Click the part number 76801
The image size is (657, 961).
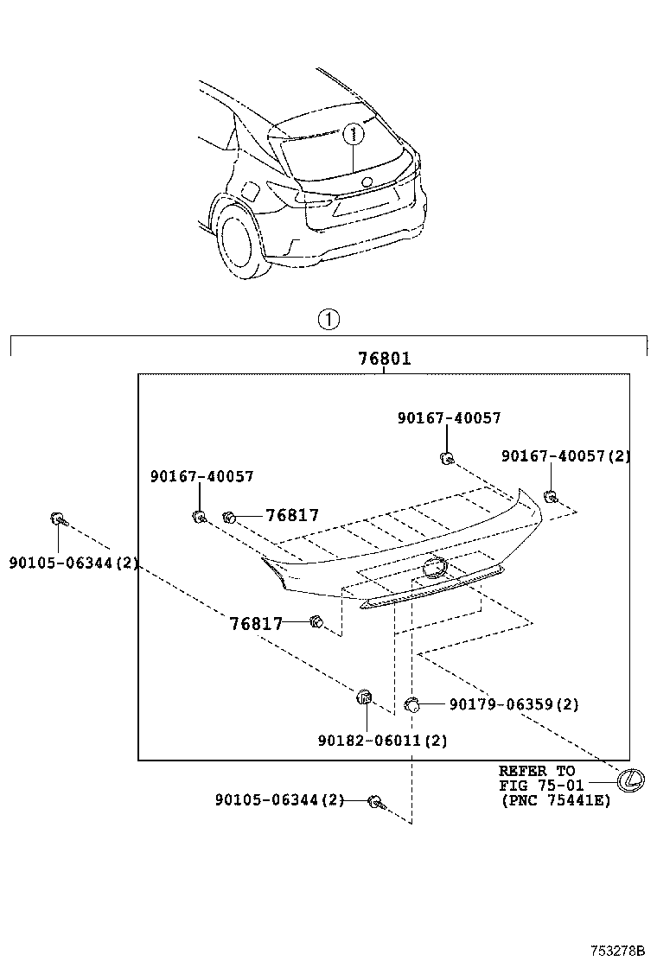pyautogui.click(x=385, y=359)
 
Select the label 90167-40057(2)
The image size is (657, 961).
pyautogui.click(x=565, y=455)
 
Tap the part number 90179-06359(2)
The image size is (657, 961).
pyautogui.click(x=513, y=704)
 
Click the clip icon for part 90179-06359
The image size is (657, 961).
pyautogui.click(x=412, y=704)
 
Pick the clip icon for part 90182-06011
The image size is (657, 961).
pyautogui.click(x=364, y=697)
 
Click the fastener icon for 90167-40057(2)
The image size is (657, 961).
pyautogui.click(x=550, y=495)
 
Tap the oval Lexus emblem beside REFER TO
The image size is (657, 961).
pyautogui.click(x=631, y=780)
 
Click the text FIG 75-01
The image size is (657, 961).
pyautogui.click(x=541, y=786)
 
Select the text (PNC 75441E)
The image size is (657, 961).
pyautogui.click(x=554, y=800)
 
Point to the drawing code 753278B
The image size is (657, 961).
pyautogui.click(x=618, y=950)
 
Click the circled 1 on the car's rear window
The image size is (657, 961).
pyautogui.click(x=353, y=134)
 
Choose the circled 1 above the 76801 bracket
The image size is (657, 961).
pyautogui.click(x=328, y=319)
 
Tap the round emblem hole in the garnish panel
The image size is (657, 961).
pyautogui.click(x=434, y=567)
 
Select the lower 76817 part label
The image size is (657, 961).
pyautogui.click(x=256, y=623)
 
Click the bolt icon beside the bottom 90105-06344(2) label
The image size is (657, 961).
pyautogui.click(x=375, y=802)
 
